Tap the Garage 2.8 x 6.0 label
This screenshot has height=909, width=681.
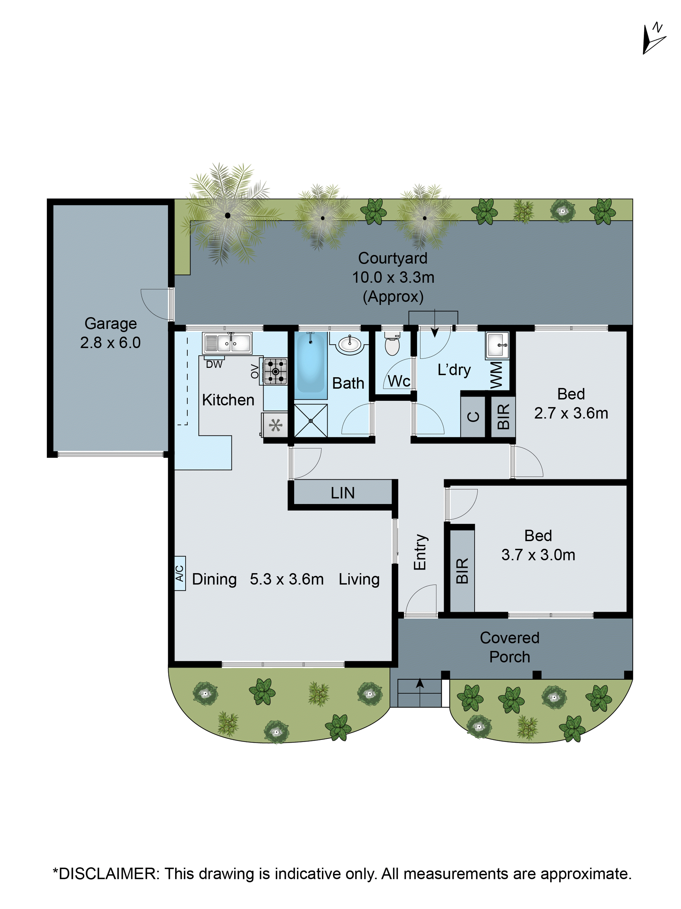click(x=110, y=333)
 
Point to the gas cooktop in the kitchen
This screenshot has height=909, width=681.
click(x=275, y=371)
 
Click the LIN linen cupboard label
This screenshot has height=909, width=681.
click(x=342, y=493)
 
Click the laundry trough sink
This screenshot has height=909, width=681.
click(x=497, y=344)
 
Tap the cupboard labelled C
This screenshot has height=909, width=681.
click(x=473, y=416)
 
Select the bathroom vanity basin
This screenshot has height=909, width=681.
click(x=349, y=343)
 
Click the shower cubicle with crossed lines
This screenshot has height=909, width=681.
click(x=311, y=420)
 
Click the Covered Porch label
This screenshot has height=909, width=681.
click(x=509, y=647)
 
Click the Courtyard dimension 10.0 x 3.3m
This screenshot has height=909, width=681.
click(x=393, y=277)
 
